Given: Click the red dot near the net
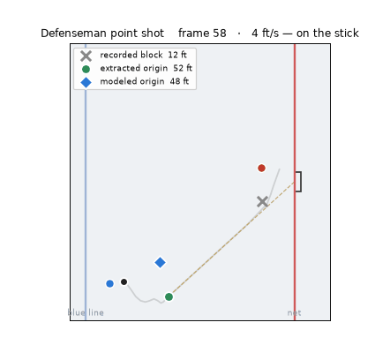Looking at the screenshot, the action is coord(261,168).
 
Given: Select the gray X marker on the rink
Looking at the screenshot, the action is coord(262,202).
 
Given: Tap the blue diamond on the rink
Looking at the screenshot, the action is coord(160,262).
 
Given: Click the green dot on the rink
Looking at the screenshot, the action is coord(169,296).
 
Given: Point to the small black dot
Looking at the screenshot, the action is coord(124,281).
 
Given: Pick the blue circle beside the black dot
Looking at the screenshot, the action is coord(109,283).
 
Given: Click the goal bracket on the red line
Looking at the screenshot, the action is coord(298,182).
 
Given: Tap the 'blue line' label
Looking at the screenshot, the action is coord(86,312).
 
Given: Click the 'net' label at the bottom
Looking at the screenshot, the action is coord(294,313).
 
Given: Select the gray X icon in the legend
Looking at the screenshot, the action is coord(86,56).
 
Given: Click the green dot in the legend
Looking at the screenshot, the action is coord(86,69).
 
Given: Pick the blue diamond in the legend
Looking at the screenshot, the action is coord(86,82).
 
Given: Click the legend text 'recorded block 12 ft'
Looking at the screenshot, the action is coord(143,55).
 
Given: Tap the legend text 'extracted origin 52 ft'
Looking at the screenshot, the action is coord(146,68).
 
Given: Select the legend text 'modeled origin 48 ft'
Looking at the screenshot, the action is coord(144,81).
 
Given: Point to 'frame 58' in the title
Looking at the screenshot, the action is coord(202,34).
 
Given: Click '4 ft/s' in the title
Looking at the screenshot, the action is coord(265,34).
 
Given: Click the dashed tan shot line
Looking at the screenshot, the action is coord(232,239).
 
